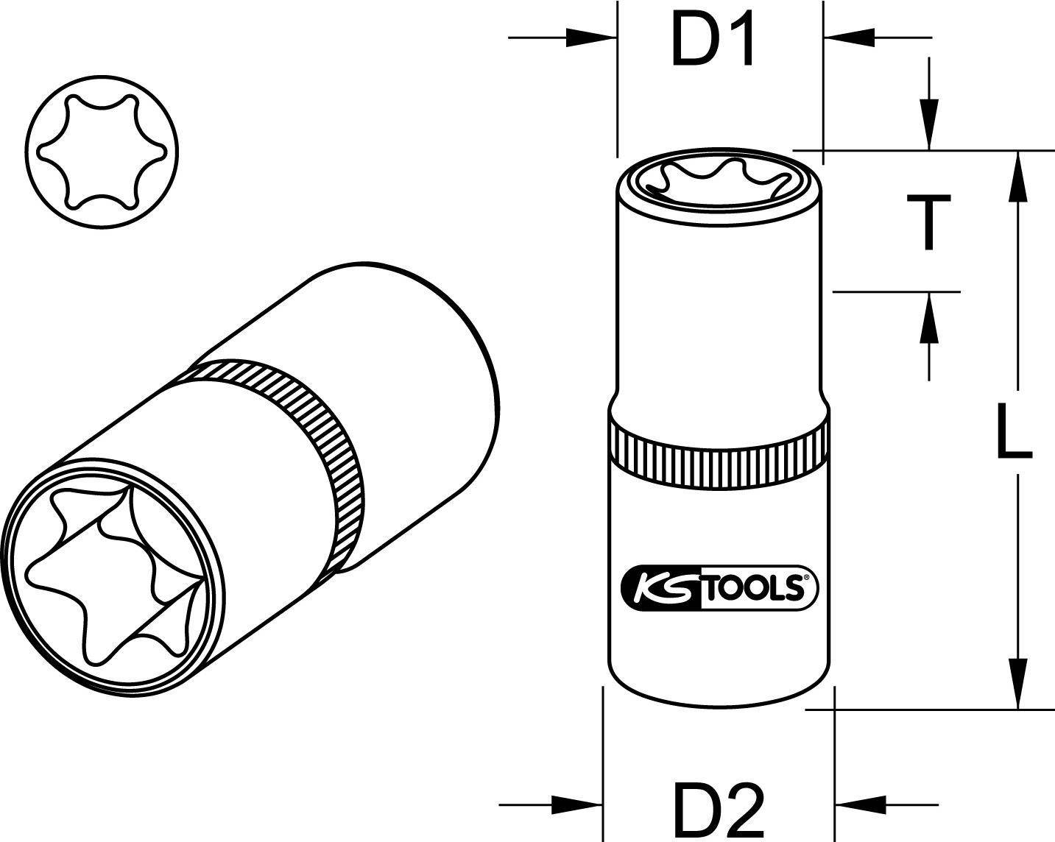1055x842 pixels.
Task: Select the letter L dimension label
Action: (x=1014, y=431)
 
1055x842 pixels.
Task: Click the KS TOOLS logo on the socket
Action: (x=719, y=588)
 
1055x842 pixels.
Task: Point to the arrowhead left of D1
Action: (x=590, y=38)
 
